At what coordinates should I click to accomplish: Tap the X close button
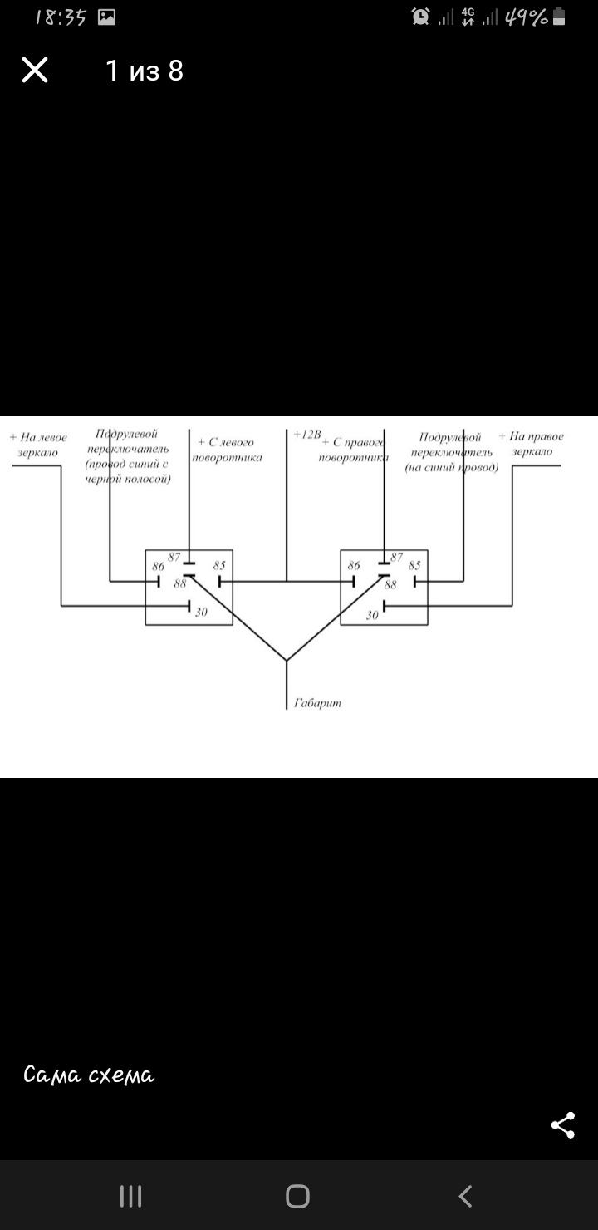pos(35,71)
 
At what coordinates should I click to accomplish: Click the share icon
pos(563,1125)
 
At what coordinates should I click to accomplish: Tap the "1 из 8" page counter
pos(145,71)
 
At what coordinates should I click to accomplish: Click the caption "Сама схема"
pos(89,1075)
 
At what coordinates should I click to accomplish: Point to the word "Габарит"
pos(317,703)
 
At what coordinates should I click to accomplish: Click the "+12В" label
pos(306,435)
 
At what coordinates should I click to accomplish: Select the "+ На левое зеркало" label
pos(38,445)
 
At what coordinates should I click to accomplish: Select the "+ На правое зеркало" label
pos(532,444)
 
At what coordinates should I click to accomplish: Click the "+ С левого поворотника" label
pos(226,450)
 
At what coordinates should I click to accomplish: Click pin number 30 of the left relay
pos(201,613)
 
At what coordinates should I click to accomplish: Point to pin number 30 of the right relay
pos(372,615)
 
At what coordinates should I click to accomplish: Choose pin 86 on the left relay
pos(158,567)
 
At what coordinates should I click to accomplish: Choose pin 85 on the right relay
pos(414,565)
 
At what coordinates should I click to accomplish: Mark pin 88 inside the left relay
pos(180,583)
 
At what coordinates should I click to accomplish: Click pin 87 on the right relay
pos(396,558)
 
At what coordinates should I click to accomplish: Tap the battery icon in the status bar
pos(559,17)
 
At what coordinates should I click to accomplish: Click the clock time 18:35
pos(61,17)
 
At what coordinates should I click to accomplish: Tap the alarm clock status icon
pos(421,17)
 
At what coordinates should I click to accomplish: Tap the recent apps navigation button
pos(131,1196)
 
